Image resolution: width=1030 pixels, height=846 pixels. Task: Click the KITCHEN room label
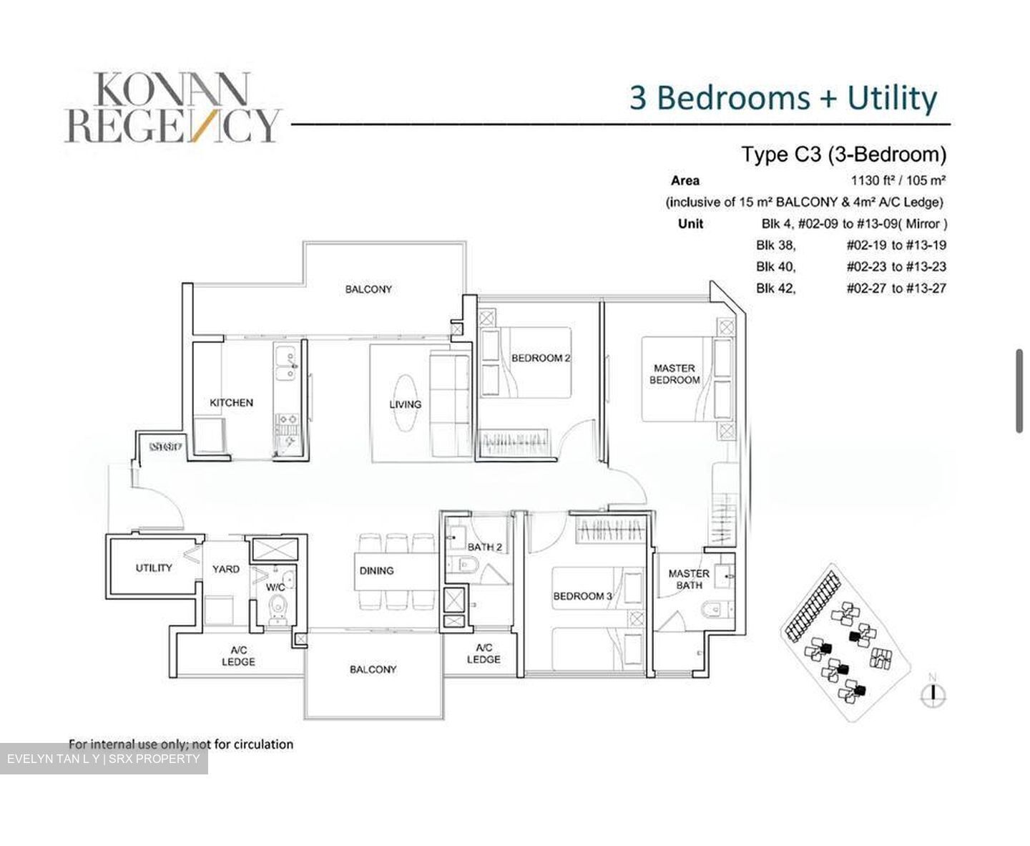231,403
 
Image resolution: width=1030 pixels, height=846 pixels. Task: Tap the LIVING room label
405,404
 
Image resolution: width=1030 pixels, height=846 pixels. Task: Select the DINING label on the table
376,570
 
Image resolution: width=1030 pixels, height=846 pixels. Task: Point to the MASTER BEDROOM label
674,374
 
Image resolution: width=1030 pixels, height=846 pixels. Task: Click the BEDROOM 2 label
540,358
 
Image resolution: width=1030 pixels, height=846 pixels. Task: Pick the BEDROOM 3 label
582,596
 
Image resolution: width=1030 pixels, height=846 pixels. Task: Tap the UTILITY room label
154,568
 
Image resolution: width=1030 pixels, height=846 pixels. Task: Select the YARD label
225,569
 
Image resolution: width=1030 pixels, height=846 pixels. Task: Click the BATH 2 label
484,548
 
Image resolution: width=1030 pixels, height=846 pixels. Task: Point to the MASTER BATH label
688,579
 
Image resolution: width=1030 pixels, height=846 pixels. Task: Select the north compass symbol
933,692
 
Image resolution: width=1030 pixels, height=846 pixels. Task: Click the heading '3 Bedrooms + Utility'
783,98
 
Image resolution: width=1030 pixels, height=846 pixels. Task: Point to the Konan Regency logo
172,107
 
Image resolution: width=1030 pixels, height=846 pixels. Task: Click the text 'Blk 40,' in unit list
775,267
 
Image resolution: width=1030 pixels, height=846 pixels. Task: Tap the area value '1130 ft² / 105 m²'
898,180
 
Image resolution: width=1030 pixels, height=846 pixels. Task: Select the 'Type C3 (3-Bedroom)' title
843,154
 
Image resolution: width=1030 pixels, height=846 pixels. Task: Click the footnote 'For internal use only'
180,744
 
